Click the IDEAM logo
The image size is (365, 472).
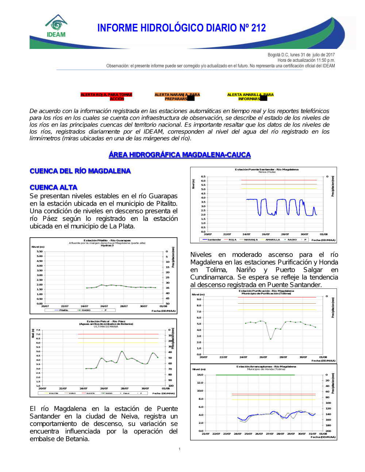click(x=56, y=26)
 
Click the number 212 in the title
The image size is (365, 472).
click(x=258, y=28)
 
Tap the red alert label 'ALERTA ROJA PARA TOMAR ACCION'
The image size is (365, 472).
click(x=106, y=97)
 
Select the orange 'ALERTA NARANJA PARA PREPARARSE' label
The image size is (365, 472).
click(x=177, y=97)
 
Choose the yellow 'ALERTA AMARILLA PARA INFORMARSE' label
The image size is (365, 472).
click(x=250, y=97)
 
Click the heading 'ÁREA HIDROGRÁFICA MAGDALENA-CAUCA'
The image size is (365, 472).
click(x=180, y=155)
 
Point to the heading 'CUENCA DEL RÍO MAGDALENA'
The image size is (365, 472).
click(x=80, y=171)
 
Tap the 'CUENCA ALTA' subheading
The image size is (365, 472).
click(x=54, y=188)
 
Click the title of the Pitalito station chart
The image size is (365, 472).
click(x=107, y=241)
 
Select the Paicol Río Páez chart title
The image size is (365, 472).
click(x=106, y=322)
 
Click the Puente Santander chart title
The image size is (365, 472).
click(x=266, y=169)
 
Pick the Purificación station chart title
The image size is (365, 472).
click(x=266, y=291)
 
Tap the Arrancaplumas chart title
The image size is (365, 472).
click(x=266, y=367)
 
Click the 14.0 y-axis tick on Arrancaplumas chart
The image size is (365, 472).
click(x=200, y=375)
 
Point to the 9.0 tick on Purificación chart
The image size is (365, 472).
click(x=199, y=299)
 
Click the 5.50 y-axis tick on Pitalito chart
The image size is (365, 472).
click(x=39, y=252)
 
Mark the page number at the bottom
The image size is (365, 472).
click(x=180, y=449)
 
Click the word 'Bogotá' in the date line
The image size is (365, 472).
click(x=274, y=55)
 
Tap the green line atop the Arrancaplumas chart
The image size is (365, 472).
click(x=255, y=375)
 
